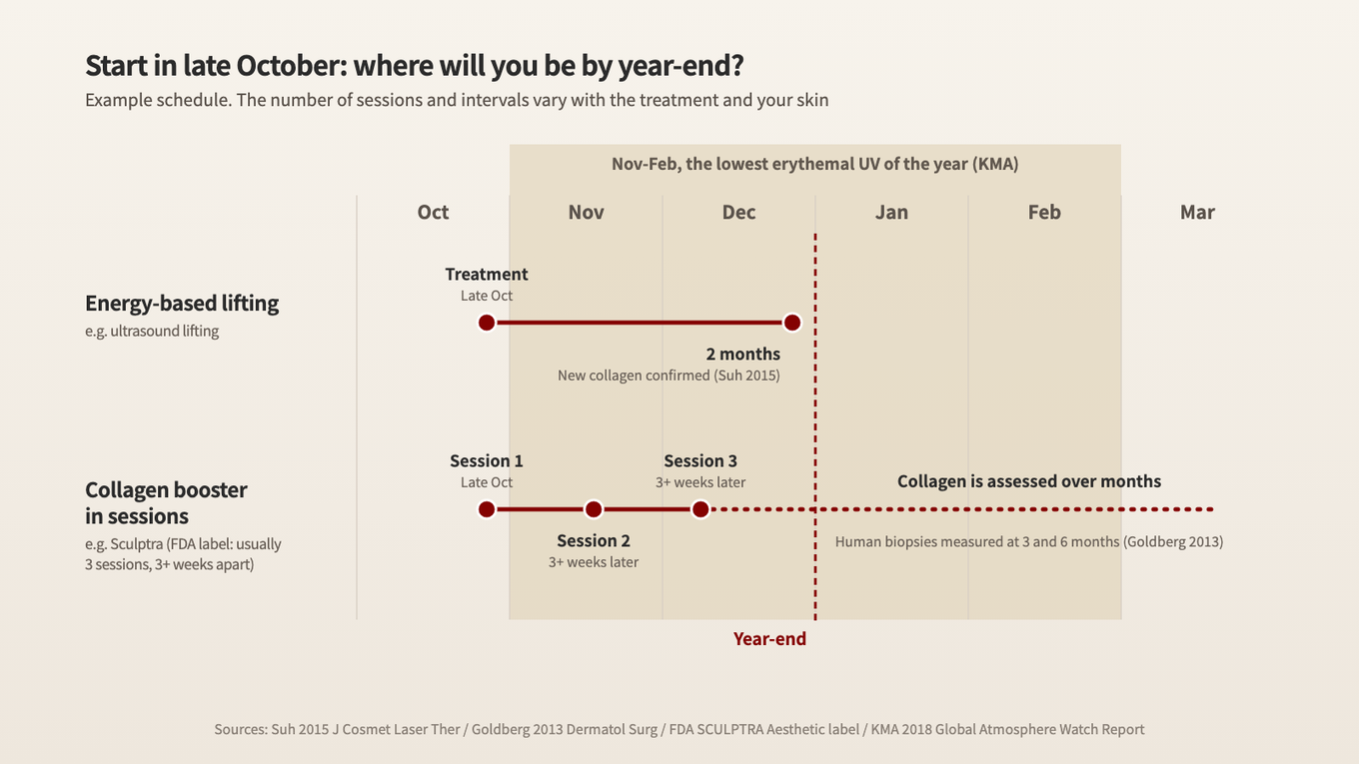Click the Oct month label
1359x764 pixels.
(433, 212)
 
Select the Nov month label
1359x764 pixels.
(586, 212)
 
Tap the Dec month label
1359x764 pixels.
(738, 212)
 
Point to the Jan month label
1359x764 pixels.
(891, 212)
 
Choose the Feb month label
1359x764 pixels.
(1044, 212)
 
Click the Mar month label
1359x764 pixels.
(1197, 212)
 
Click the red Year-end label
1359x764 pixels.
(769, 639)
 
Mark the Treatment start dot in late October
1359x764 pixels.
(487, 323)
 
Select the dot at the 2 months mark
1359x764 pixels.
(791, 323)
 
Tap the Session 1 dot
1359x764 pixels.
(487, 509)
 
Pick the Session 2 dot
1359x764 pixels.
(594, 509)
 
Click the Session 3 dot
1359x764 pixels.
(700, 509)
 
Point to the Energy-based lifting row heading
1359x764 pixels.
(182, 304)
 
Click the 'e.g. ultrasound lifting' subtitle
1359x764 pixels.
(152, 332)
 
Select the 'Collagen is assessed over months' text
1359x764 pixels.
(1029, 481)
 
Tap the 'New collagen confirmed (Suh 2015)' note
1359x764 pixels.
(669, 376)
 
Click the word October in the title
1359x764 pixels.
(291, 66)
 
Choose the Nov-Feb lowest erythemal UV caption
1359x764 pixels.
(814, 165)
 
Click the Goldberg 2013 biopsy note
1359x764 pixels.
(1029, 541)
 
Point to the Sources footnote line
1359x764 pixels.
(679, 729)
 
